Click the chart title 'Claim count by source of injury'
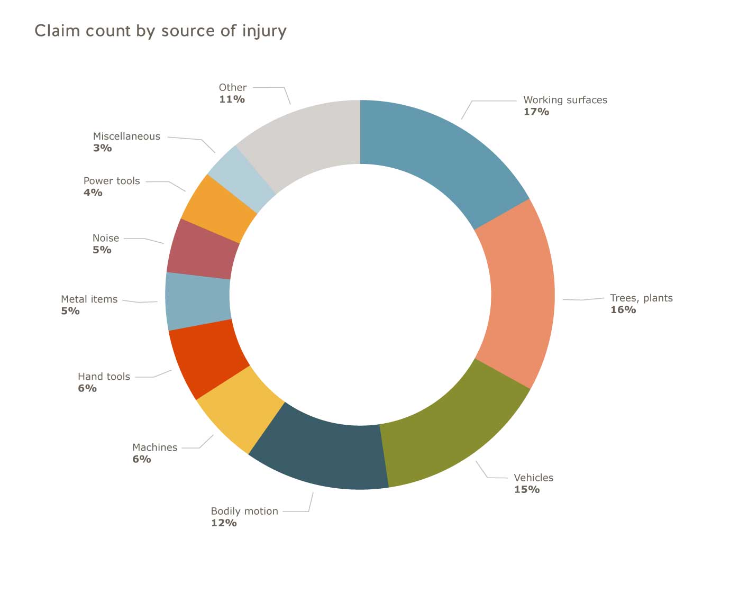(160, 31)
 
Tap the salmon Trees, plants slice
(521, 294)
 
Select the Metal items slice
(198, 300)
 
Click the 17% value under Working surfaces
(536, 112)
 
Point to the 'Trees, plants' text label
(641, 298)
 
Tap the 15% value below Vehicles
(527, 489)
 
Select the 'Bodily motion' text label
(244, 511)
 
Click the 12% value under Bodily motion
(224, 523)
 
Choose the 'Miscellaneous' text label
(126, 136)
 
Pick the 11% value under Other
(232, 99)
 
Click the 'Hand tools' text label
(104, 376)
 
